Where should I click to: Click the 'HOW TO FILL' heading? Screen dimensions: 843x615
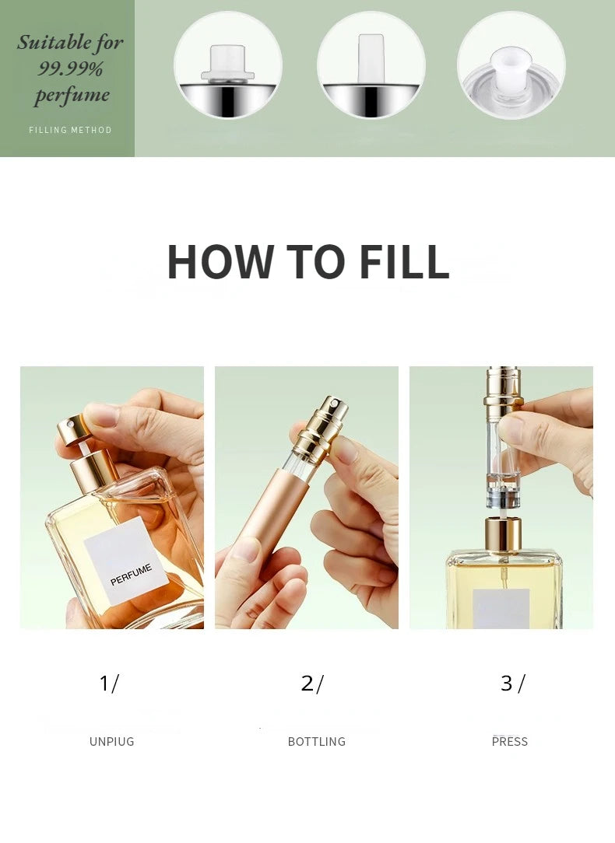click(x=307, y=262)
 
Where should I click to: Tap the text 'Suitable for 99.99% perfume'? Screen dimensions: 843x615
click(x=70, y=68)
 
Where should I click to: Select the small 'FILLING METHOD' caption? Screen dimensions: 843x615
click(x=70, y=130)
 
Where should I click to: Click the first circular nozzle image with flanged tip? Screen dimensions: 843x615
click(x=227, y=65)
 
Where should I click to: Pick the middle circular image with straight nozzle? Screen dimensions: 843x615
click(x=371, y=65)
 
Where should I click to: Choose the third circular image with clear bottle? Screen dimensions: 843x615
click(x=511, y=65)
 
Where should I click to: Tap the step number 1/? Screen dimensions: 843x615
click(x=109, y=684)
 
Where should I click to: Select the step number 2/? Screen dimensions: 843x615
click(x=311, y=684)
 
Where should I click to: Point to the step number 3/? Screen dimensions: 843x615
click(x=512, y=684)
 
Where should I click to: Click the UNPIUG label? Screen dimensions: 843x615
click(x=111, y=742)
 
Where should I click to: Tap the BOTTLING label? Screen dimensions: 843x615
click(x=316, y=742)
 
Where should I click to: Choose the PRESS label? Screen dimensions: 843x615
click(x=510, y=742)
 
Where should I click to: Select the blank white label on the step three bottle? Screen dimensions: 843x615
click(x=501, y=608)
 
